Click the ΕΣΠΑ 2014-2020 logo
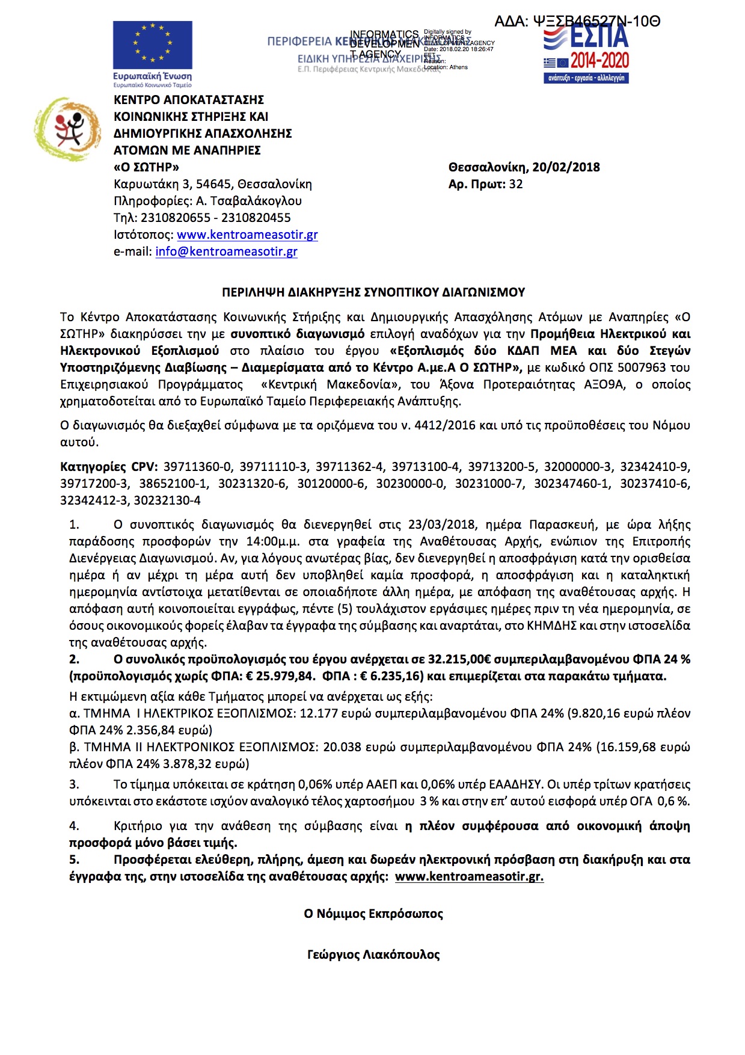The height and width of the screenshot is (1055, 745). tap(586, 54)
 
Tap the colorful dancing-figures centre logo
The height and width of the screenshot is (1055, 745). tap(67, 129)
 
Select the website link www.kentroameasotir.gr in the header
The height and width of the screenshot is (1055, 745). tap(247, 235)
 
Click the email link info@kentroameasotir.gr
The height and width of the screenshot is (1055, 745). tap(226, 251)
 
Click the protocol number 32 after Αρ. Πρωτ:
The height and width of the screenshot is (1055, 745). tap(516, 184)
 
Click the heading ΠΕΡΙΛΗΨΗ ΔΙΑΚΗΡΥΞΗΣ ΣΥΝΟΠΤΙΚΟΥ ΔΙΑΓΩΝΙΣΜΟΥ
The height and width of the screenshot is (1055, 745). tap(373, 292)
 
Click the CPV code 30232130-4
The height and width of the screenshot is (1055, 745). tap(167, 500)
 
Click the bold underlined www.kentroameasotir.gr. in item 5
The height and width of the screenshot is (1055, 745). tap(469, 876)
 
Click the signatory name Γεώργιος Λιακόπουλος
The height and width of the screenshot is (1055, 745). tap(373, 955)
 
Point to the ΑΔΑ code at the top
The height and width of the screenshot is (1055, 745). tap(577, 22)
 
